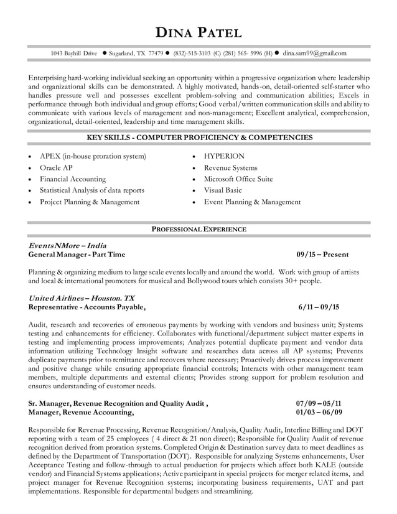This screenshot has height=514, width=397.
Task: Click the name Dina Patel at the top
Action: pyautogui.click(x=198, y=32)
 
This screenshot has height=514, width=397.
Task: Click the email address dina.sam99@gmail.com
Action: pyautogui.click(x=314, y=54)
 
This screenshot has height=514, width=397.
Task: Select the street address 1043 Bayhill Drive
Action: pyautogui.click(x=73, y=54)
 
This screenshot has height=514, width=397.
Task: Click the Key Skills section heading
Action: pyautogui.click(x=199, y=137)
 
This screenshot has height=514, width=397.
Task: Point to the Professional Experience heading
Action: pyautogui.click(x=199, y=230)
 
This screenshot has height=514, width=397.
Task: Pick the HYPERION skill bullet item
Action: pyautogui.click(x=224, y=156)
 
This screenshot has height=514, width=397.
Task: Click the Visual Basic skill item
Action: pyautogui.click(x=223, y=190)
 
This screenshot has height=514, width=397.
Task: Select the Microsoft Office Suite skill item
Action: pyautogui.click(x=238, y=179)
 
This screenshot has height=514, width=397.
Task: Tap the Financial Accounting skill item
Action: pyautogui.click(x=73, y=179)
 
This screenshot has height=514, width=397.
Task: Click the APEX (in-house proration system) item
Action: pyautogui.click(x=93, y=156)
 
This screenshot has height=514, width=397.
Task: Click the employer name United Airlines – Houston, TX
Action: pyautogui.click(x=82, y=298)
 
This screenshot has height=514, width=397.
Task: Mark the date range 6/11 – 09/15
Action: pyautogui.click(x=319, y=307)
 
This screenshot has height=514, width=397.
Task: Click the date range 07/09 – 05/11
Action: pyautogui.click(x=319, y=403)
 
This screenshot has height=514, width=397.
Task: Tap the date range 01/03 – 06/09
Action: pyautogui.click(x=319, y=412)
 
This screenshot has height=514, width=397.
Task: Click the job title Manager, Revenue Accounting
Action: pyautogui.click(x=81, y=412)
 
